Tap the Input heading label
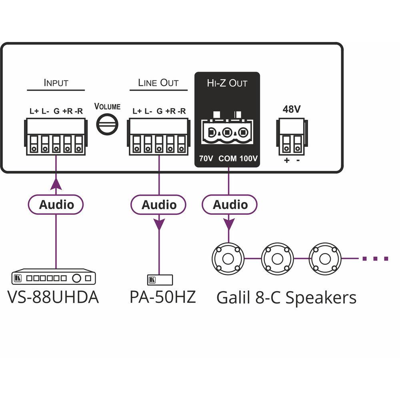point(56,83)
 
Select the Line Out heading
point(158,83)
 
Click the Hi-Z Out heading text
point(227,83)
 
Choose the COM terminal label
point(228,159)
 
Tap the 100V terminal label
point(249,159)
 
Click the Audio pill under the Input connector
point(56,205)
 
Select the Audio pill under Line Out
point(159,205)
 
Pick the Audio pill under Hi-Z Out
point(230,205)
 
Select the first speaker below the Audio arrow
point(228,258)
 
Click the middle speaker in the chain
point(277,258)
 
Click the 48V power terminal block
point(291,138)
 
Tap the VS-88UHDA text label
point(53,297)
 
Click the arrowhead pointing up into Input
point(56,184)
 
